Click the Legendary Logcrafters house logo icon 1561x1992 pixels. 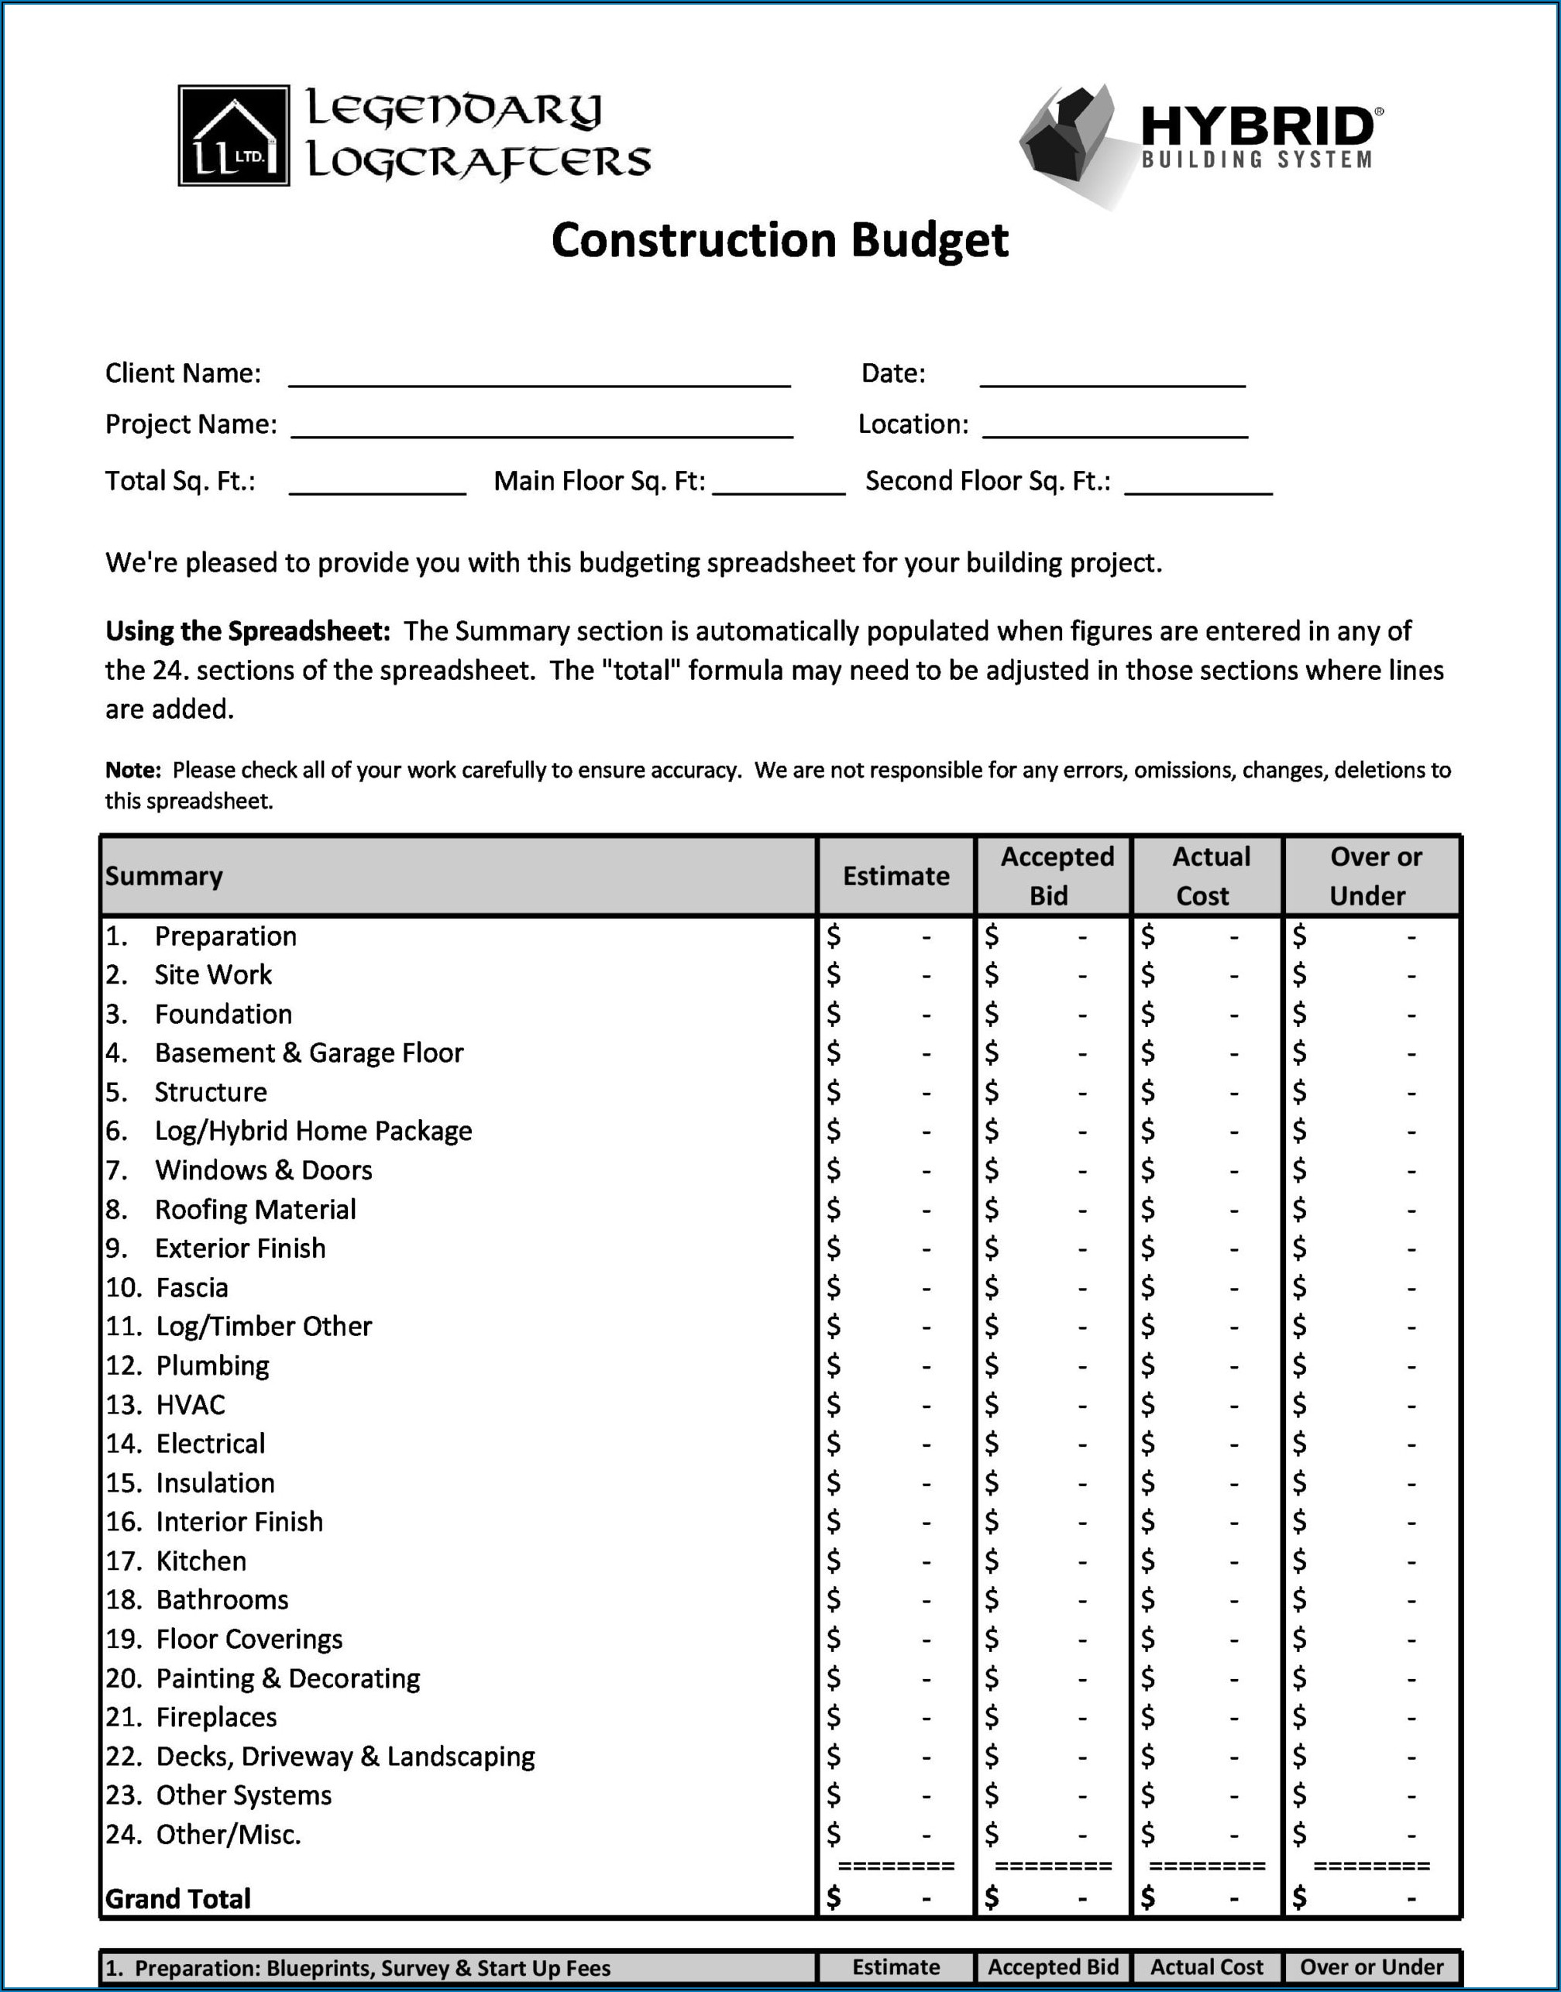(x=234, y=136)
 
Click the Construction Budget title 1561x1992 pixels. (x=779, y=240)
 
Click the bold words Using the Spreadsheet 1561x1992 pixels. (x=248, y=631)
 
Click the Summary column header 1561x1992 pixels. (x=164, y=876)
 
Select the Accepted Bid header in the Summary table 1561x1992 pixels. (x=1054, y=875)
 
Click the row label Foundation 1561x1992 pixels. (x=223, y=1015)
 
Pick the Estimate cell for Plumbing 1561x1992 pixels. (x=896, y=1366)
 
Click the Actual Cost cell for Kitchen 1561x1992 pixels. (x=1206, y=1561)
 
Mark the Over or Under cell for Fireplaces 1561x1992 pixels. (x=1371, y=1717)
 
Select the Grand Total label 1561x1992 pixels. (x=178, y=1899)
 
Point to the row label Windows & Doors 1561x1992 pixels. (x=263, y=1170)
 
